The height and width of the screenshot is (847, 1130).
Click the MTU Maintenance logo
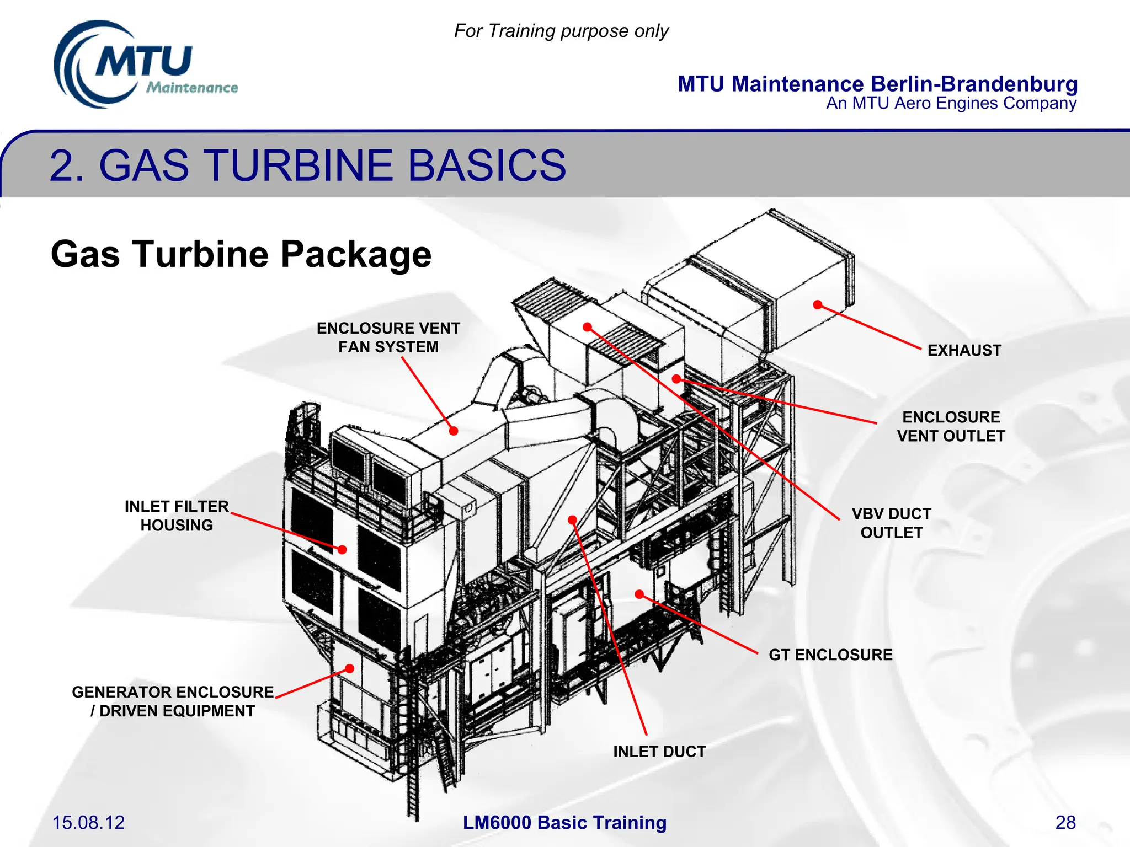coord(145,65)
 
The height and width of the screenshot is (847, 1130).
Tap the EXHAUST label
coord(964,350)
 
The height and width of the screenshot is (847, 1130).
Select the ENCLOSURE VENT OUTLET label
coord(951,426)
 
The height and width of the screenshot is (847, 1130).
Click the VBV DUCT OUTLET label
coord(891,523)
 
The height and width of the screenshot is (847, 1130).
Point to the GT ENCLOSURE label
coord(830,655)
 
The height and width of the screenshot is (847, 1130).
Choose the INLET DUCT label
coord(659,752)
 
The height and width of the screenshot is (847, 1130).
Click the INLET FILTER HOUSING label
coord(177,516)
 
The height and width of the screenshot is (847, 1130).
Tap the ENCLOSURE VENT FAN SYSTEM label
coord(388,337)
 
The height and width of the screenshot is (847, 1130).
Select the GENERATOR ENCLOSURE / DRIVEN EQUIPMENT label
coord(173,701)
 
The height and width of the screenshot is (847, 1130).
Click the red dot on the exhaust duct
coord(818,305)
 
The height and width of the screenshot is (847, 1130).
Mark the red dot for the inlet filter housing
coord(342,549)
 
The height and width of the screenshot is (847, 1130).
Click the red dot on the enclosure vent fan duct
coord(454,431)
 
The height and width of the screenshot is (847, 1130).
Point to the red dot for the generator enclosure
coord(349,669)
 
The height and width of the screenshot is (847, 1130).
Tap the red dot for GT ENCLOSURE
coord(639,594)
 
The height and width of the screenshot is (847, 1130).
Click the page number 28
coord(1065,822)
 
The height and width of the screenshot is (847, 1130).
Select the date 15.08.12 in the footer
coord(88,822)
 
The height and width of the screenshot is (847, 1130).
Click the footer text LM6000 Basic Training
coord(564,822)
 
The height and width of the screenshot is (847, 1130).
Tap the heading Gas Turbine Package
coord(241,254)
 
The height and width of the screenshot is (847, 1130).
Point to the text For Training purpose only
coord(561,31)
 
